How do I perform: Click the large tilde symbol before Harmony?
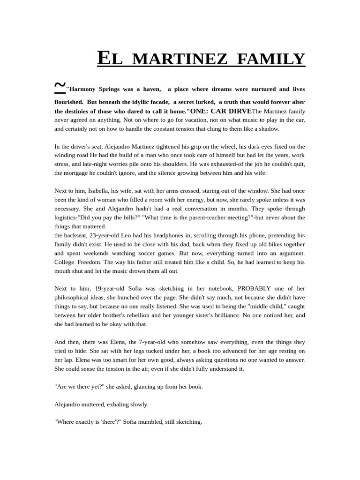point(60,85)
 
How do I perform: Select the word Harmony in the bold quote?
point(82,89)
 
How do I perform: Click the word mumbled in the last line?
point(147,421)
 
